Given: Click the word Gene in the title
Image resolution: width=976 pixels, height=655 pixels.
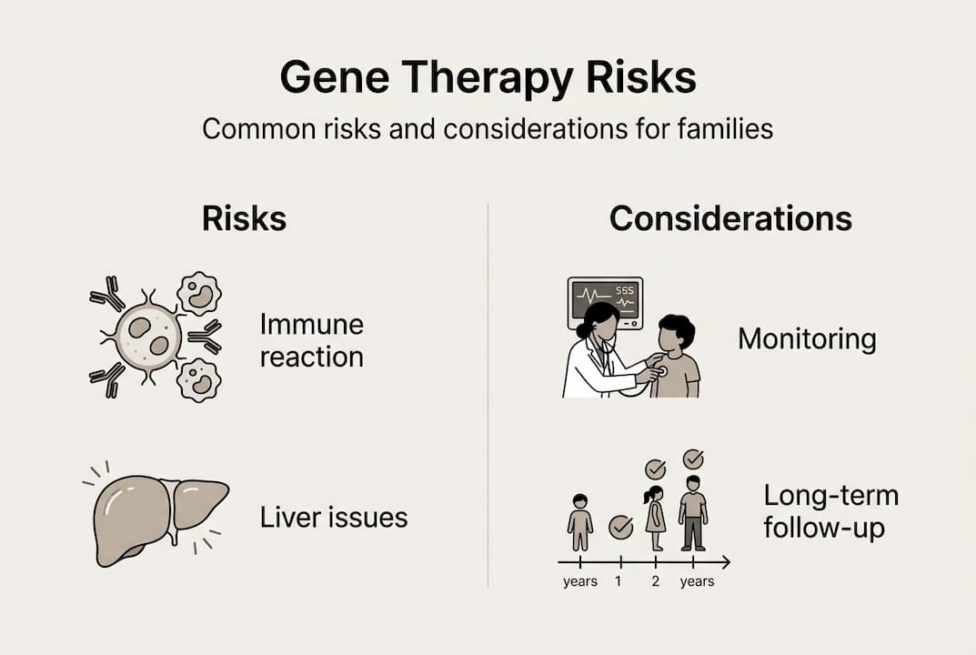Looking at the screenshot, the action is pyautogui.click(x=335, y=77).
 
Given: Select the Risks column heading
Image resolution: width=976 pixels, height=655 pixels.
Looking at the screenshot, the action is pyautogui.click(x=244, y=218).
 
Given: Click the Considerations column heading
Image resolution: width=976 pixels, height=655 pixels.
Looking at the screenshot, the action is pyautogui.click(x=730, y=218).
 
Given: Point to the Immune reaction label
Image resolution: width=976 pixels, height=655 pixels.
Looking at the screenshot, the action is pyautogui.click(x=312, y=340).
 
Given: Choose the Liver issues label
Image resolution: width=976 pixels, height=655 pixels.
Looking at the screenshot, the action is pyautogui.click(x=334, y=518).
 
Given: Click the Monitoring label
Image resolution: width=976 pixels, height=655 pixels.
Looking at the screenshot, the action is pyautogui.click(x=808, y=339).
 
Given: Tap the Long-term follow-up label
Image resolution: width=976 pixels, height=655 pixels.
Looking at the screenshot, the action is pyautogui.click(x=831, y=512).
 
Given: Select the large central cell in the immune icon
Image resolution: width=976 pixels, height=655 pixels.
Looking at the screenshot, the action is pyautogui.click(x=149, y=337).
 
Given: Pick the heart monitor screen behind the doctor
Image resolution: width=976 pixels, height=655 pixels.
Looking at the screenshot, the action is pyautogui.click(x=604, y=303).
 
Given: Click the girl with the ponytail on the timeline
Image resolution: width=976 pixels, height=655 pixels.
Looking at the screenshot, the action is pyautogui.click(x=655, y=518).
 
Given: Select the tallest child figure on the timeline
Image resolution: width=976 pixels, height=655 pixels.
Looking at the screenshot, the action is pyautogui.click(x=693, y=513).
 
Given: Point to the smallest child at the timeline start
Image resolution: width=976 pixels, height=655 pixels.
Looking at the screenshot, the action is pyautogui.click(x=580, y=522).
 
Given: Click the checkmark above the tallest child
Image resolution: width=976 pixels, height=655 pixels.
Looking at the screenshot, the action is pyautogui.click(x=693, y=459).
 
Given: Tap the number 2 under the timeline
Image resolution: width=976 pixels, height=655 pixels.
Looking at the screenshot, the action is pyautogui.click(x=656, y=581).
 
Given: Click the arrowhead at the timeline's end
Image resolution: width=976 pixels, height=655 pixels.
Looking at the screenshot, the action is pyautogui.click(x=726, y=563).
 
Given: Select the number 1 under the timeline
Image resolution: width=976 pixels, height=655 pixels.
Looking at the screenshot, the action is pyautogui.click(x=619, y=581).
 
